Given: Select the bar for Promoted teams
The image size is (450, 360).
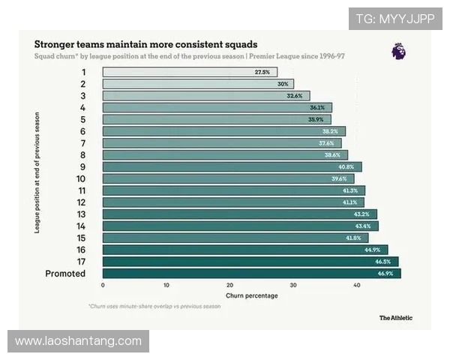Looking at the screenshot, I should [x=251, y=274].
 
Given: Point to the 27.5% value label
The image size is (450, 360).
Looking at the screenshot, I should [x=262, y=72].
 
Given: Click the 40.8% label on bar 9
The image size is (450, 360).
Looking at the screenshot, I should [x=346, y=166].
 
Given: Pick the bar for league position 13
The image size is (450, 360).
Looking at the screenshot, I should [x=239, y=214].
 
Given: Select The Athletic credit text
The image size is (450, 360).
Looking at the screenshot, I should [x=395, y=318].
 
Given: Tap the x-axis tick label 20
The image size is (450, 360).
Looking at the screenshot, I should [x=229, y=286].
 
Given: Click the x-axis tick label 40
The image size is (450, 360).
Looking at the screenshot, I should [x=356, y=286].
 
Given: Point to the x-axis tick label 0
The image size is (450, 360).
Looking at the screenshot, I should [x=103, y=286].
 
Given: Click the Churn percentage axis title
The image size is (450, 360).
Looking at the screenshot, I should [x=252, y=295].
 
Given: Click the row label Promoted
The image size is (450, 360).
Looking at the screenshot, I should [x=65, y=274].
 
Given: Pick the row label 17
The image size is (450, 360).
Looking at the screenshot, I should [x=81, y=262].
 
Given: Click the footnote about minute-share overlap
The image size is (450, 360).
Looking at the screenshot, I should [x=154, y=306].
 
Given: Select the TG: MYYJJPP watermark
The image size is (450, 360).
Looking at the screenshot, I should [x=395, y=18].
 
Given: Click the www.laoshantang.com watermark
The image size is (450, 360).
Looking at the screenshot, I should [x=78, y=341].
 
